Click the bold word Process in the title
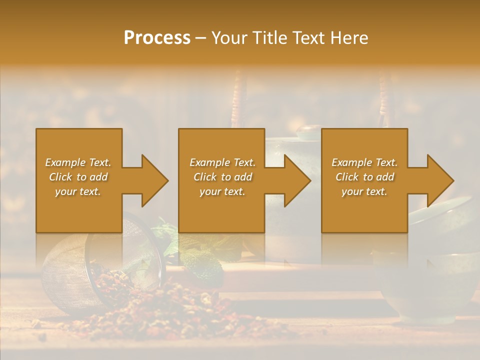[157, 37]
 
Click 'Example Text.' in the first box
[78, 162]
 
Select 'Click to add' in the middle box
[222, 177]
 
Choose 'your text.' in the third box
[364, 191]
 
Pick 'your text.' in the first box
[78, 191]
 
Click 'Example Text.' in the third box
[364, 162]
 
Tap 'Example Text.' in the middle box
[222, 162]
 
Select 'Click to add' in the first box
[78, 177]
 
